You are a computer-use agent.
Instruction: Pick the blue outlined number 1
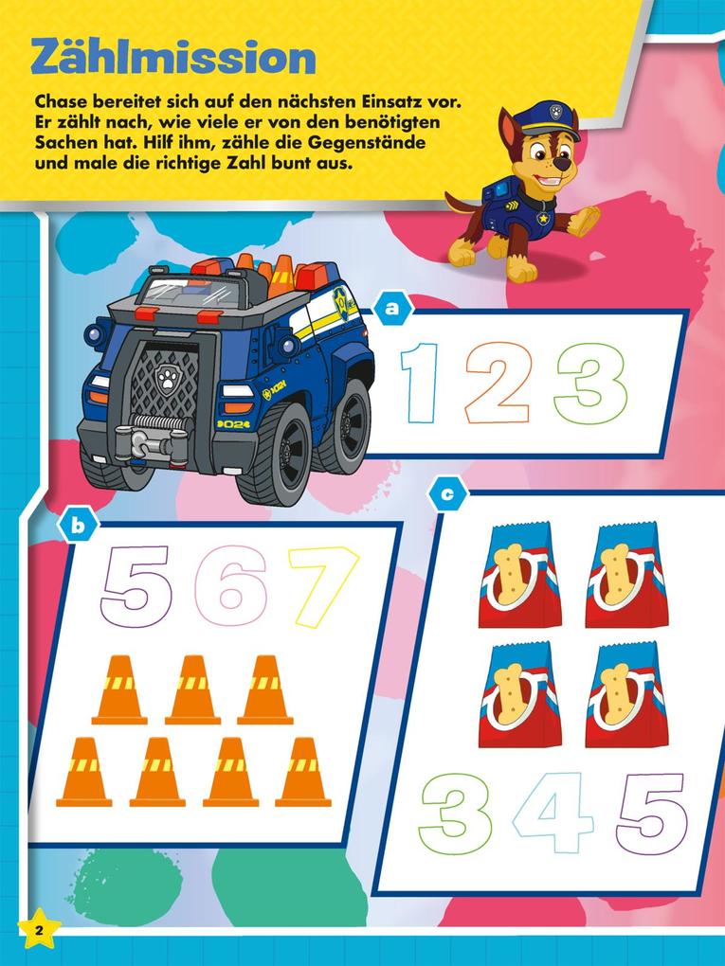click(421, 383)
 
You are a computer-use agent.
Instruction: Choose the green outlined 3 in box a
click(589, 383)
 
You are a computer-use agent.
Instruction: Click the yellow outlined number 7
click(325, 585)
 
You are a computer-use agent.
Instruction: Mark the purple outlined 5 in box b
click(135, 585)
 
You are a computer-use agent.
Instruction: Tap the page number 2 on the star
click(39, 929)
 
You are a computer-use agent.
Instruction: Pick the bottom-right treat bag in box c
click(625, 694)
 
